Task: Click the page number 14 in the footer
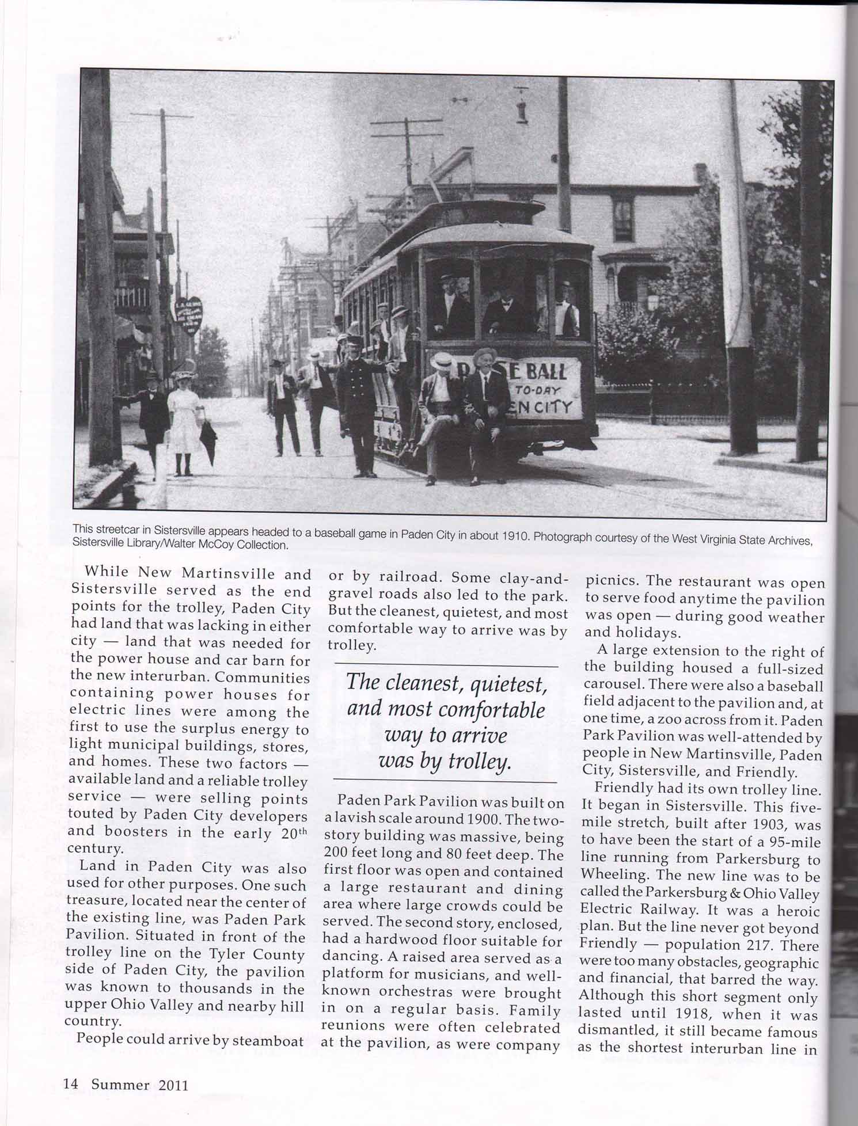(70, 1085)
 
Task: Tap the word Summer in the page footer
(120, 1085)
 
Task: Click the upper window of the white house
(622, 219)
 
